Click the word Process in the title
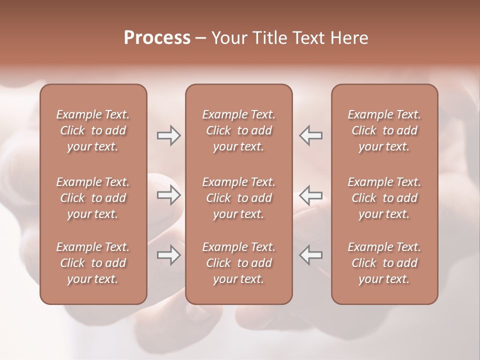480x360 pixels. tap(157, 38)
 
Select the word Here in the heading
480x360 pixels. tap(348, 38)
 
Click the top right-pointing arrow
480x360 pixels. tap(168, 135)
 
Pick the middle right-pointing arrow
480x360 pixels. tap(168, 195)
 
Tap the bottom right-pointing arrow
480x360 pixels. tap(168, 255)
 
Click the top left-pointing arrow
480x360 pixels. tap(311, 135)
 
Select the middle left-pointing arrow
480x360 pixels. tap(311, 195)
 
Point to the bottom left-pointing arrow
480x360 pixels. tap(311, 255)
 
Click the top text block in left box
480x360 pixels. tap(93, 130)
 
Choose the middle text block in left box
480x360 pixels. tap(93, 198)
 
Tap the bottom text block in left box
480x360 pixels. tap(93, 263)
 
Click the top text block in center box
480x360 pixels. tap(238, 130)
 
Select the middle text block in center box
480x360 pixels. tap(238, 198)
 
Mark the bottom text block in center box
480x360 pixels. tap(238, 263)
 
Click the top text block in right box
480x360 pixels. tap(384, 130)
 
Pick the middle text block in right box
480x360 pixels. tap(384, 198)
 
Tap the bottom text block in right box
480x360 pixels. tap(384, 263)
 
